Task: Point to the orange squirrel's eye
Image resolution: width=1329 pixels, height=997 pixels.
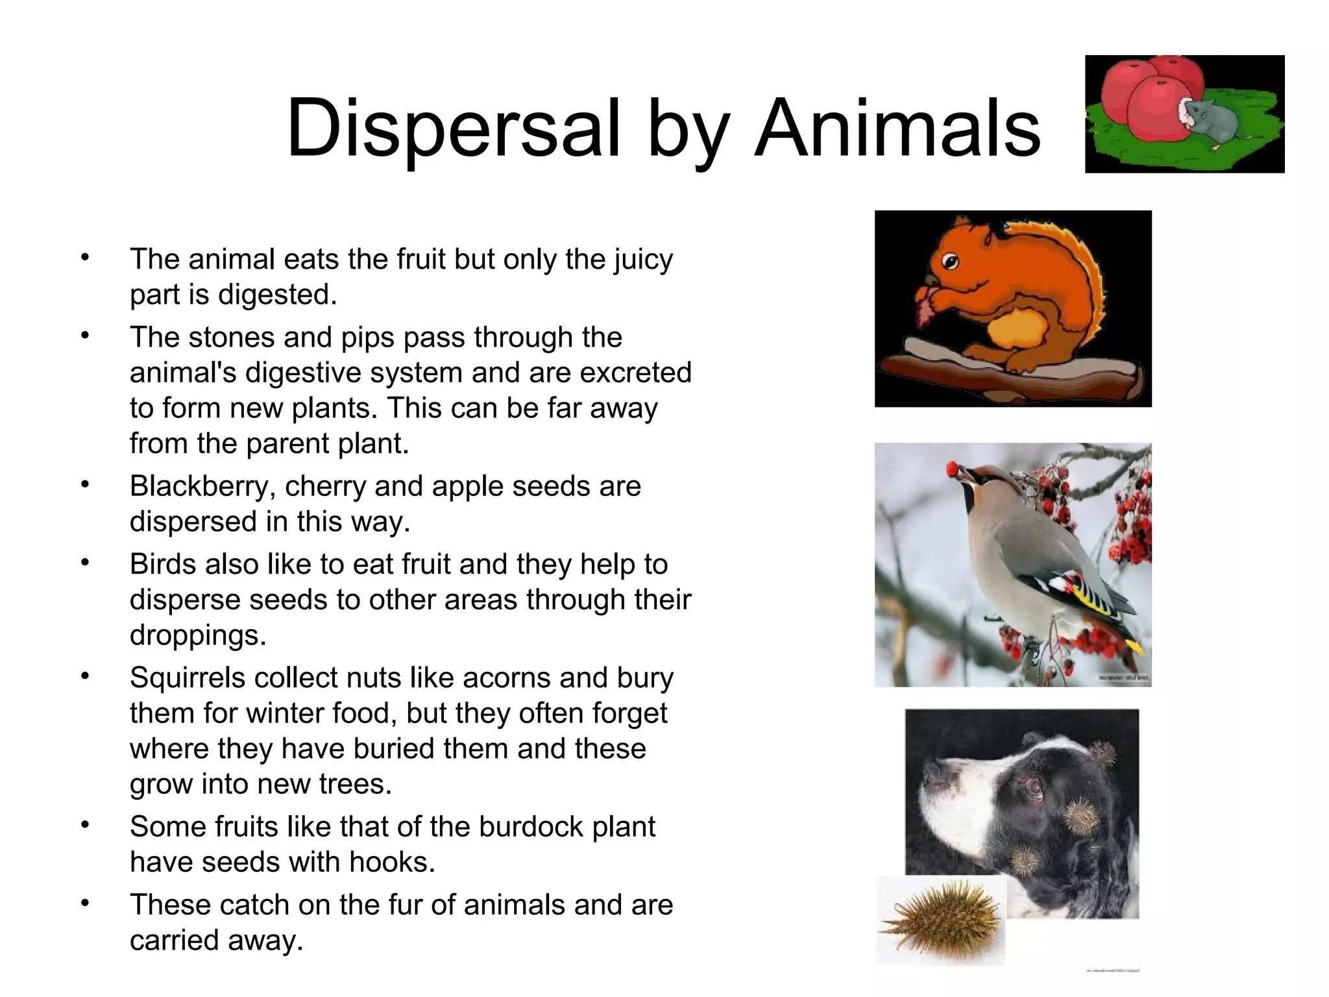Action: pyautogui.click(x=951, y=262)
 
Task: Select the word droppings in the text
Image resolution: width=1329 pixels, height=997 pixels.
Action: pyautogui.click(x=198, y=635)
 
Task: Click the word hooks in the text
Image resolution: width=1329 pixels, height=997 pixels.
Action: pyautogui.click(x=391, y=862)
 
